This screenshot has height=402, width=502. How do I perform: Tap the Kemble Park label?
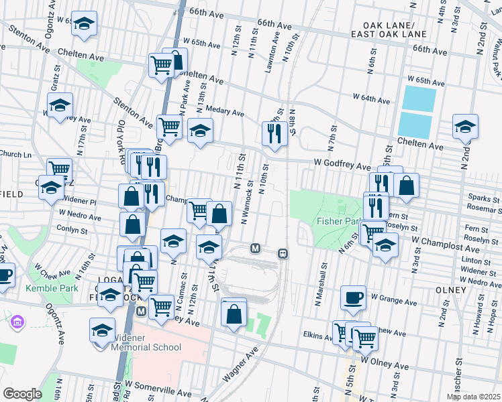pyautogui.click(x=29, y=289)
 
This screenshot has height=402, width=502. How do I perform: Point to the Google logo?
pyautogui.click(x=22, y=394)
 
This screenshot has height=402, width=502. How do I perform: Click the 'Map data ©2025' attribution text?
pyautogui.click(x=474, y=397)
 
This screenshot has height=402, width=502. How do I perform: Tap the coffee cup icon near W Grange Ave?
pyautogui.click(x=353, y=297)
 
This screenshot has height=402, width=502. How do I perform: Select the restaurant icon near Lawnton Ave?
pyautogui.click(x=274, y=132)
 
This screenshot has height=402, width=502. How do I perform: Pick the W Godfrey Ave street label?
pyautogui.click(x=342, y=165)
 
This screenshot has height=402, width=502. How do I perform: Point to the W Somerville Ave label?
pyautogui.click(x=164, y=387)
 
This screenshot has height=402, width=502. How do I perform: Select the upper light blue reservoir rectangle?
pyautogui.click(x=421, y=98)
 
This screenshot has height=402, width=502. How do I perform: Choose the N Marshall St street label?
pyautogui.click(x=323, y=285)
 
